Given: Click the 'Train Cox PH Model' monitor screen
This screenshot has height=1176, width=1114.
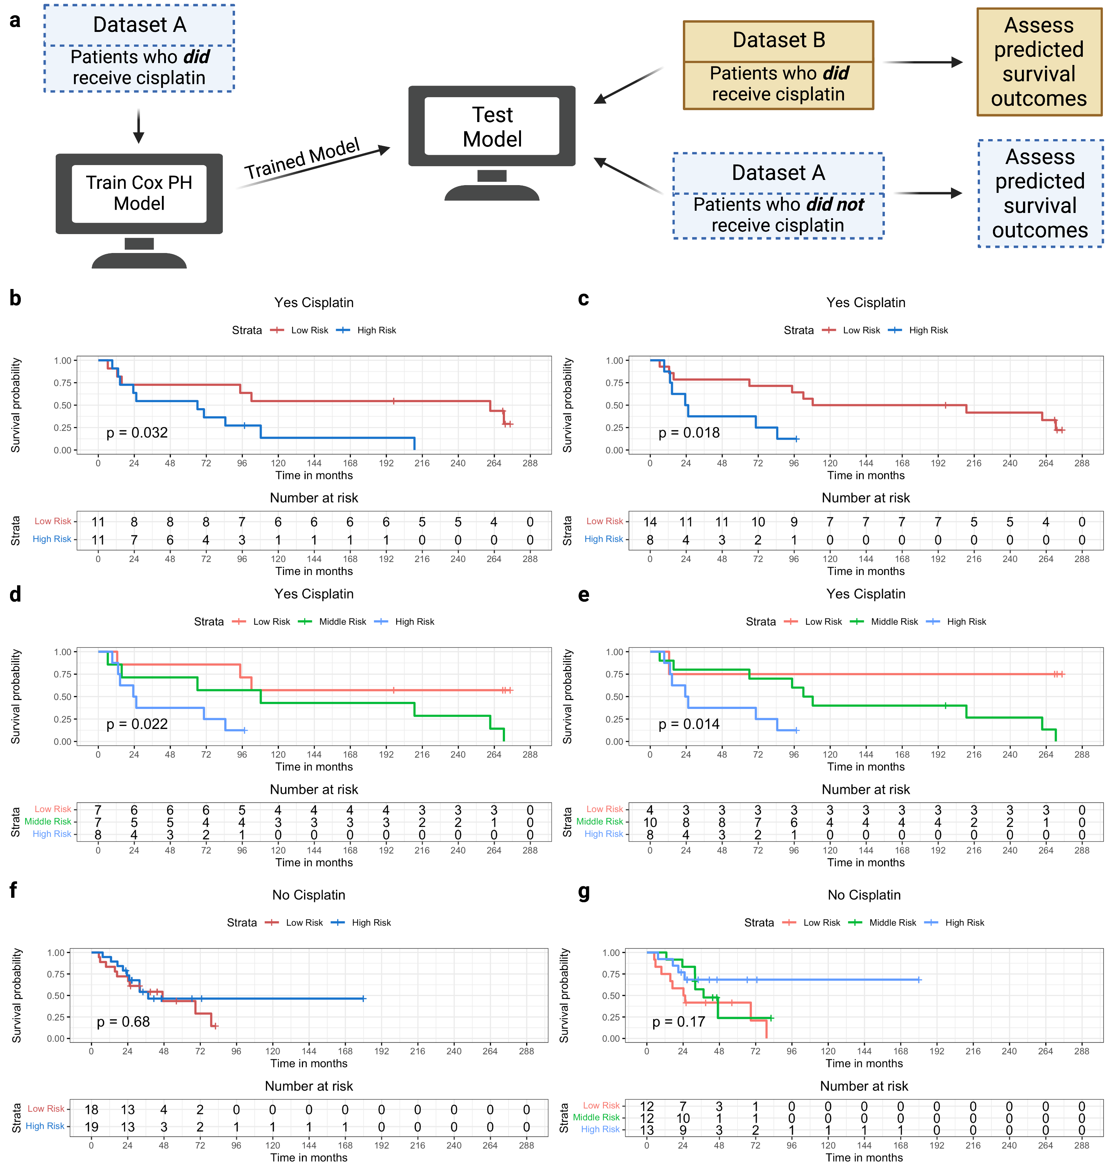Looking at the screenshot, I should [x=139, y=193].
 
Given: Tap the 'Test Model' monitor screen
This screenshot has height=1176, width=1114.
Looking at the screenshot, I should [x=492, y=127].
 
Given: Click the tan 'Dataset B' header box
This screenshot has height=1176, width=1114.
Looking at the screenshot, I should [x=778, y=40].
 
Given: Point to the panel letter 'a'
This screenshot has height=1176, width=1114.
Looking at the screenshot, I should [x=15, y=20].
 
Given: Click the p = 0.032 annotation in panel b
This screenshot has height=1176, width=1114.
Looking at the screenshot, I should [x=137, y=433].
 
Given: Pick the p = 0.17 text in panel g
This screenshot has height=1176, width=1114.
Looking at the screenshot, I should [x=679, y=1022].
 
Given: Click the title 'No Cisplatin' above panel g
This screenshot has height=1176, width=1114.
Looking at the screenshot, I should [x=864, y=895].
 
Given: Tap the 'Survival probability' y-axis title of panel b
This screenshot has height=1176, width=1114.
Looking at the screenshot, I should [x=16, y=405].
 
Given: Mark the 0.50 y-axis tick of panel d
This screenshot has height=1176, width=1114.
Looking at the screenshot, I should [x=62, y=697].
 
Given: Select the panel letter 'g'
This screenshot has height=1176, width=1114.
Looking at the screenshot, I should [x=584, y=892].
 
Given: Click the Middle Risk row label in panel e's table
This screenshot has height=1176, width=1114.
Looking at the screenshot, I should [x=599, y=822].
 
